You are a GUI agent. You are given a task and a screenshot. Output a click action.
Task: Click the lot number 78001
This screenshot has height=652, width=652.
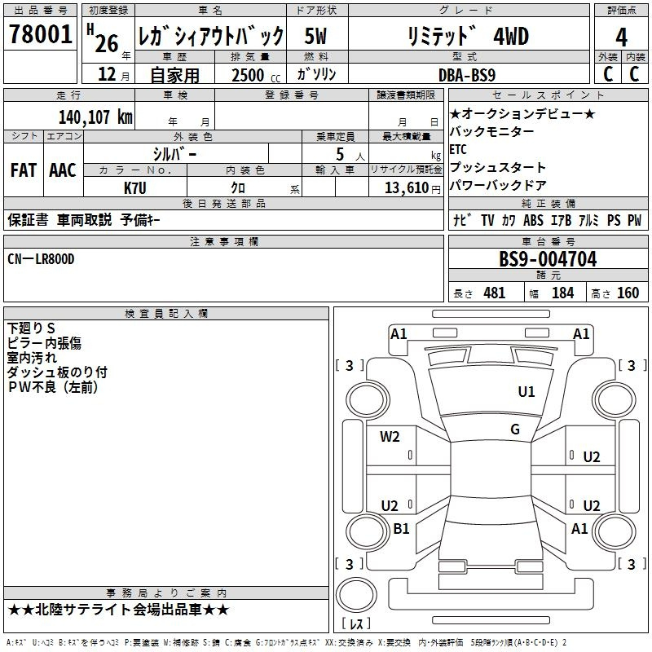click(x=40, y=35)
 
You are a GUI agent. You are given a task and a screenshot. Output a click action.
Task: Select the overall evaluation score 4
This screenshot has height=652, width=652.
click(x=622, y=37)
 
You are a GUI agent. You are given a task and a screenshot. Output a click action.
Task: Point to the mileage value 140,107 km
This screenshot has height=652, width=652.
click(x=95, y=117)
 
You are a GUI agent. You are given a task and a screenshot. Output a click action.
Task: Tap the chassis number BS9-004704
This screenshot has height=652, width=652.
click(x=548, y=260)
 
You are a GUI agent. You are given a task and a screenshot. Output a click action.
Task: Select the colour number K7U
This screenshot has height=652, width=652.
click(x=135, y=187)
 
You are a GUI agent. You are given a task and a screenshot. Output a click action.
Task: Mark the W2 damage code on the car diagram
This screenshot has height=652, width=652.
click(x=390, y=436)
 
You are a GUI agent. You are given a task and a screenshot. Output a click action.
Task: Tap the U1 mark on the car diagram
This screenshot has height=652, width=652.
click(x=526, y=392)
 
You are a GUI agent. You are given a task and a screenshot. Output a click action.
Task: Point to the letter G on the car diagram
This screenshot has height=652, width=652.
click(x=515, y=430)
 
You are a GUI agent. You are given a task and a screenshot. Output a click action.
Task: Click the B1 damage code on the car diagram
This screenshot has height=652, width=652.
click(x=401, y=529)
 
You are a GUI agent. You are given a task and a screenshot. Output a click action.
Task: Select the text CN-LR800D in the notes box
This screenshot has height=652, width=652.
click(x=41, y=259)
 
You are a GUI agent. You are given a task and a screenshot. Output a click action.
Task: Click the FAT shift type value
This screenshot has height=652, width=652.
click(x=23, y=170)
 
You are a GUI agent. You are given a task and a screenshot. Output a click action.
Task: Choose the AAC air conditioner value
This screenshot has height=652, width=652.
click(x=62, y=170)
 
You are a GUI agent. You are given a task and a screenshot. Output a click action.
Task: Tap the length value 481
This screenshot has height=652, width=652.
click(x=495, y=293)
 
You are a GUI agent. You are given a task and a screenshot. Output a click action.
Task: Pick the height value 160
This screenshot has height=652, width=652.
click(x=628, y=293)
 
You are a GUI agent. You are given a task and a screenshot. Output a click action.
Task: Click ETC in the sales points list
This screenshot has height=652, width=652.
click(x=458, y=149)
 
